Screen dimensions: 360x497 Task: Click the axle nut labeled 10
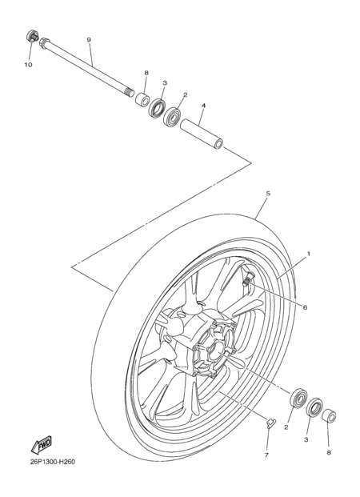pyautogui.click(x=32, y=37)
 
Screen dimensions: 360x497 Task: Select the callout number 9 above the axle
pyautogui.click(x=89, y=40)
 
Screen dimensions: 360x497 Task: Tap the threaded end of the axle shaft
pyautogui.click(x=129, y=93)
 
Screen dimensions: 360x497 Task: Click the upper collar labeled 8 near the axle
pyautogui.click(x=142, y=99)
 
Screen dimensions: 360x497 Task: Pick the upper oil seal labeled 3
pyautogui.click(x=157, y=108)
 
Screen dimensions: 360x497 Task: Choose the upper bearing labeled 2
pyautogui.click(x=172, y=117)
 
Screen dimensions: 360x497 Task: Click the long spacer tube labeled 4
pyautogui.click(x=202, y=134)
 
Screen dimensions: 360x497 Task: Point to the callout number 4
pyautogui.click(x=203, y=106)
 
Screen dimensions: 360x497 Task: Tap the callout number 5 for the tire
pyautogui.click(x=268, y=193)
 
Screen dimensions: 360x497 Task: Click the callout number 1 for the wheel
pyautogui.click(x=308, y=254)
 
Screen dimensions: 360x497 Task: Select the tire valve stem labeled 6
pyautogui.click(x=247, y=279)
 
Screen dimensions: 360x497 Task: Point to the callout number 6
pyautogui.click(x=305, y=307)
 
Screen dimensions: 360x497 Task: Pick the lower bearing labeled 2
pyautogui.click(x=298, y=397)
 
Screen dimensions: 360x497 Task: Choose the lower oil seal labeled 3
pyautogui.click(x=314, y=407)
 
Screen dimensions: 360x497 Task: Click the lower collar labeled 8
pyautogui.click(x=329, y=416)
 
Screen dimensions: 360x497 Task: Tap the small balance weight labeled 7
pyautogui.click(x=270, y=423)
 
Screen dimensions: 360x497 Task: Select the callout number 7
pyautogui.click(x=266, y=455)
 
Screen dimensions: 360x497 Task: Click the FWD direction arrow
pyautogui.click(x=41, y=445)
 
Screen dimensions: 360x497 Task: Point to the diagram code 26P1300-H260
pyautogui.click(x=53, y=462)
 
